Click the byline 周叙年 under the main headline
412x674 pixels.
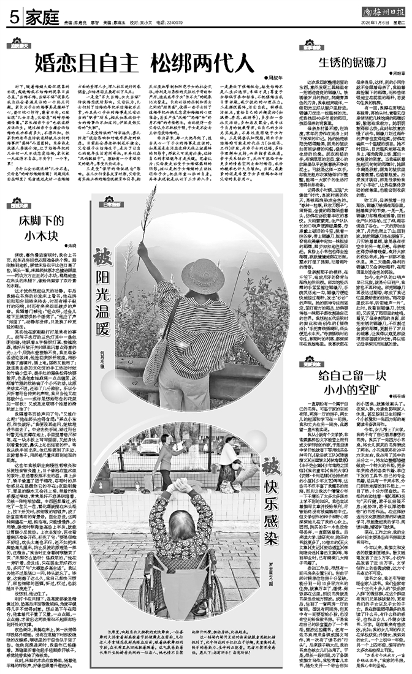tap(278, 78)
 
